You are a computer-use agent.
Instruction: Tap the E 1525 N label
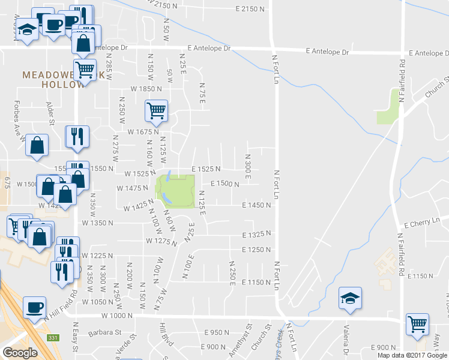click(206, 169)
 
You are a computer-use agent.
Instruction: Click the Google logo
click(20, 352)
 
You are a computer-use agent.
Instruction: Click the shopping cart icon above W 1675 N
click(156, 110)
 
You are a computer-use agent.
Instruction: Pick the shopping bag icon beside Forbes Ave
click(37, 145)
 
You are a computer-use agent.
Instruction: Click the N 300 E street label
click(247, 164)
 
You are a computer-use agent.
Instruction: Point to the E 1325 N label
click(257, 234)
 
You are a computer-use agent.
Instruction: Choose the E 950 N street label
click(217, 332)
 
